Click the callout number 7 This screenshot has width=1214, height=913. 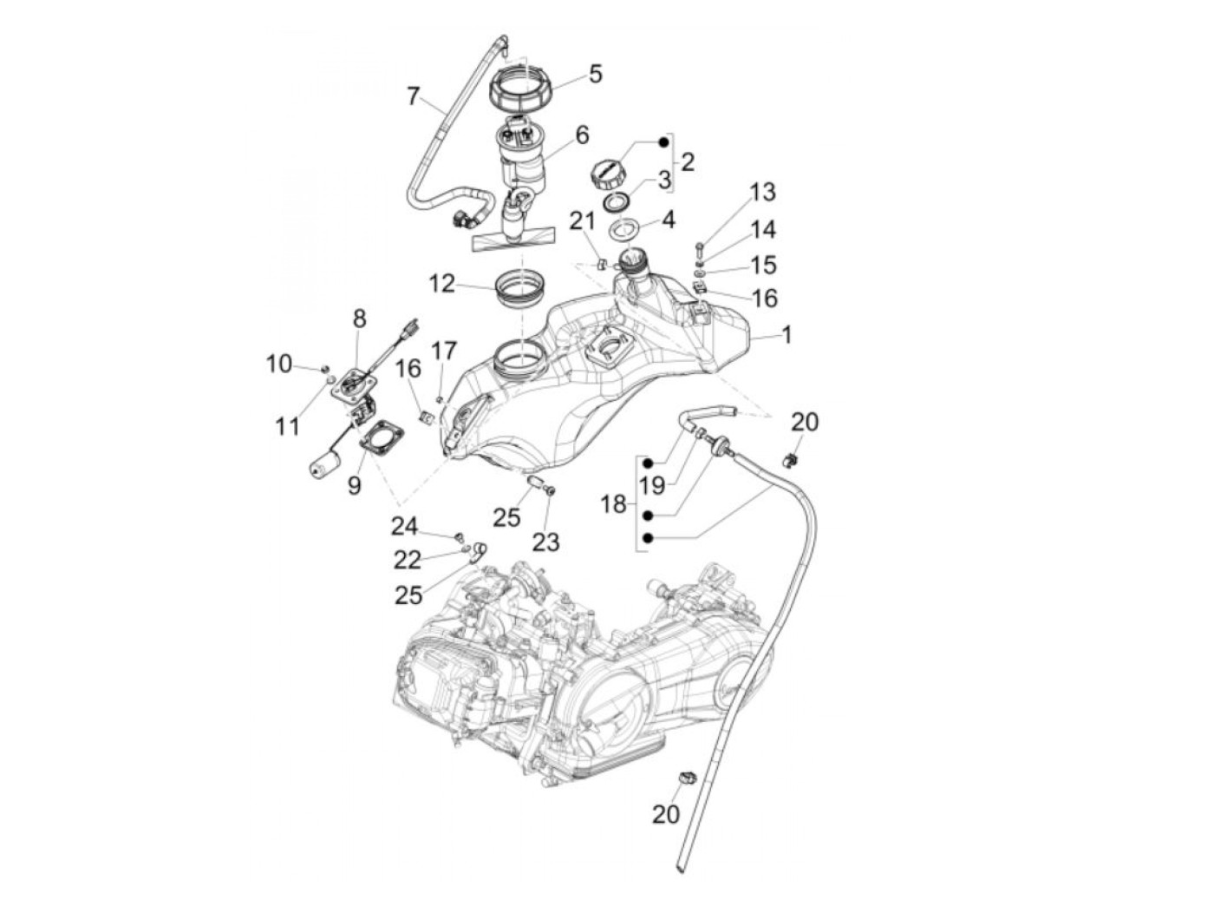414,95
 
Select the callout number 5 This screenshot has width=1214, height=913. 595,73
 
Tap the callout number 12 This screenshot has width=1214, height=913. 441,283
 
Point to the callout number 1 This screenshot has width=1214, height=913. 786,334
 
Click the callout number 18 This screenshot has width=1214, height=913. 613,503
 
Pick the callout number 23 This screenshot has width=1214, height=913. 545,542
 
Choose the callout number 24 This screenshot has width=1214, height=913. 404,526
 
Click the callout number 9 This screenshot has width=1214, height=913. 354,484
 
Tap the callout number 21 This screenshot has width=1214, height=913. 583,222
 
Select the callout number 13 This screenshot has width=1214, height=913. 763,192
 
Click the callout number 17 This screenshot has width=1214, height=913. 443,351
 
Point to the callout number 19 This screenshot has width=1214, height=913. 653,483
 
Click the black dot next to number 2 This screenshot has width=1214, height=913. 664,141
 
